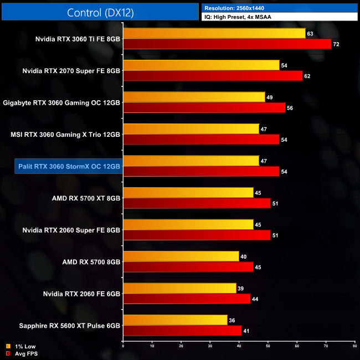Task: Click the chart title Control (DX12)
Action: tap(100, 12)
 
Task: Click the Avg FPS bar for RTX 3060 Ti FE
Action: tap(227, 44)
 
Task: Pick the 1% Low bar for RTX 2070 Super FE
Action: tap(201, 65)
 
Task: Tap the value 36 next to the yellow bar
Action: tap(232, 320)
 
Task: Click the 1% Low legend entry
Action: tap(22, 347)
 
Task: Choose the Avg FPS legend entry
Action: tap(23, 353)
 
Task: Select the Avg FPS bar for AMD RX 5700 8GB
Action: tap(188, 267)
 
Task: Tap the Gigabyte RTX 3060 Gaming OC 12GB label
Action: tap(61, 102)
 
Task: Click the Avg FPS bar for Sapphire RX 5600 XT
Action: tap(183, 331)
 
